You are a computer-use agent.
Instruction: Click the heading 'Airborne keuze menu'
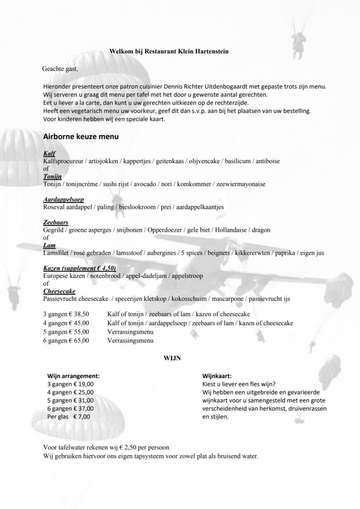(x=80, y=136)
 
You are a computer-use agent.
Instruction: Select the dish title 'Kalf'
(x=49, y=154)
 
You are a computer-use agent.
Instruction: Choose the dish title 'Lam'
(x=49, y=245)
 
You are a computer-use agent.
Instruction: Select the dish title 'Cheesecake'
(x=59, y=291)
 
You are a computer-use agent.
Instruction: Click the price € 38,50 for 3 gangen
(x=79, y=314)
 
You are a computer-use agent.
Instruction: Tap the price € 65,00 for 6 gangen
(x=79, y=340)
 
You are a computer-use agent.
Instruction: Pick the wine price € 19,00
(x=83, y=384)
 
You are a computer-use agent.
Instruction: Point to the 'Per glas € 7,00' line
(x=68, y=417)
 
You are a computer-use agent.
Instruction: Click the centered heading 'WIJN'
(x=172, y=357)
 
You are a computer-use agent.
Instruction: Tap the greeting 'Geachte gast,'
(x=60, y=69)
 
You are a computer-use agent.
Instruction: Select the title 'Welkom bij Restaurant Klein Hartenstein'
(x=169, y=51)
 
